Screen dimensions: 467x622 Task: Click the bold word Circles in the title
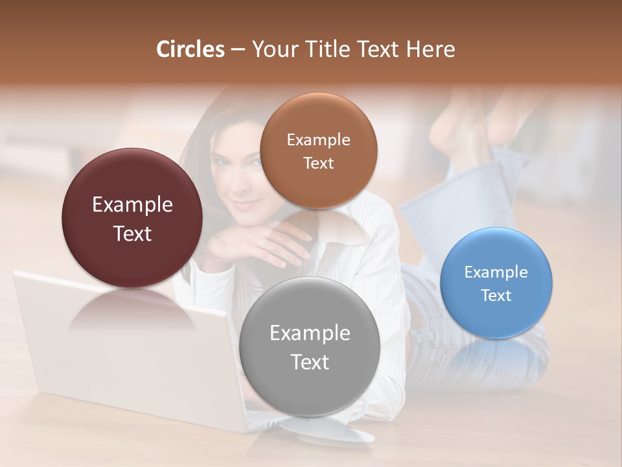pyautogui.click(x=190, y=49)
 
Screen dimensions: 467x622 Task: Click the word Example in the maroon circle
pyautogui.click(x=132, y=205)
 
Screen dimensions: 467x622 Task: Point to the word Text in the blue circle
pyautogui.click(x=496, y=295)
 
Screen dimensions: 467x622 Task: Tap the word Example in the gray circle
pyautogui.click(x=310, y=333)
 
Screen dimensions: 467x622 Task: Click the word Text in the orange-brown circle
pyautogui.click(x=318, y=163)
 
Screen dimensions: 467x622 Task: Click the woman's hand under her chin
pyautogui.click(x=259, y=243)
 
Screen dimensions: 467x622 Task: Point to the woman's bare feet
pyautogui.click(x=466, y=126)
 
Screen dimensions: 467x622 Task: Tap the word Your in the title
pyautogui.click(x=273, y=49)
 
